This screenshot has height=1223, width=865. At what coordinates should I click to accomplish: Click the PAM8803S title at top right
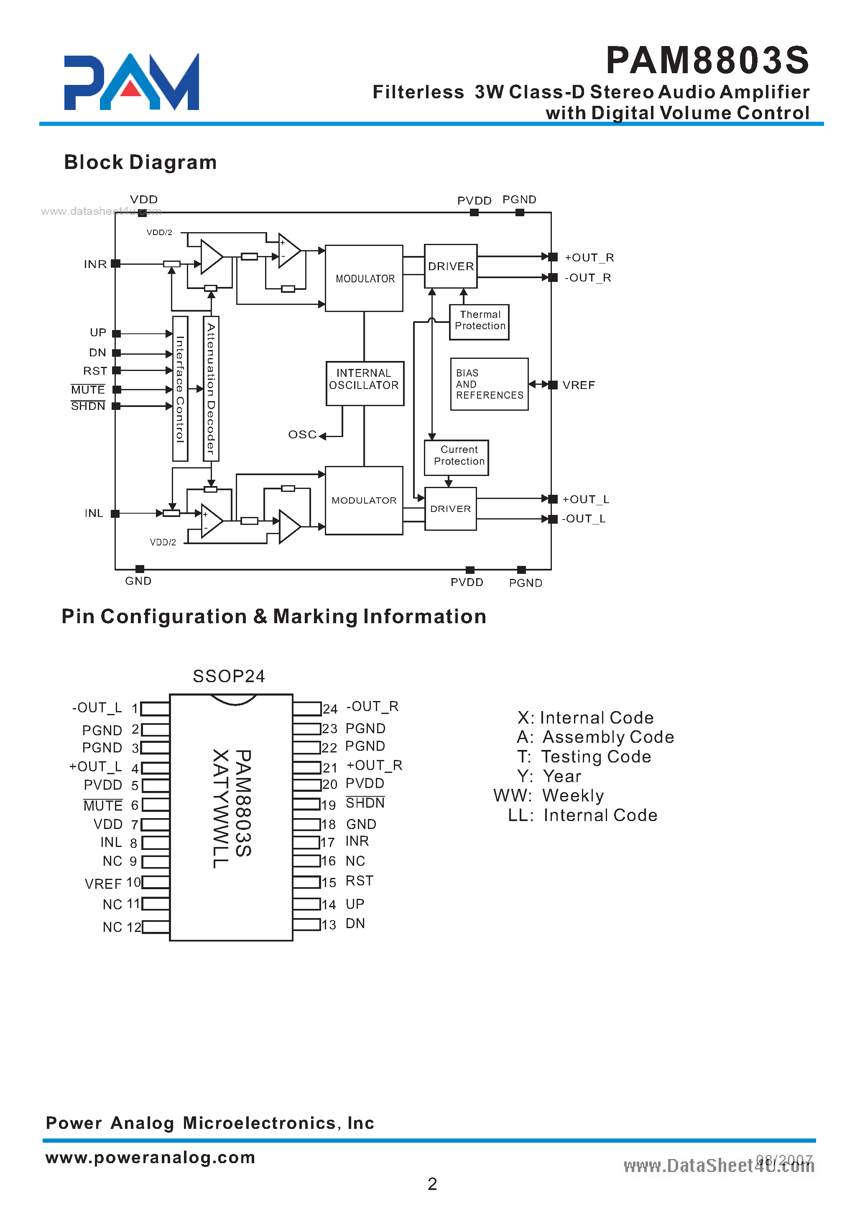point(707,60)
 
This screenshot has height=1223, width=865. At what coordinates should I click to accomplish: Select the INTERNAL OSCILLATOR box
point(364,383)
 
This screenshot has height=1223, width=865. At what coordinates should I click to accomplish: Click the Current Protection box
point(457,457)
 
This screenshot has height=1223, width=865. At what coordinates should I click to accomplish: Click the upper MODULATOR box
point(364,278)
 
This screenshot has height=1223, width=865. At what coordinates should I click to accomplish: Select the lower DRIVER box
point(450,509)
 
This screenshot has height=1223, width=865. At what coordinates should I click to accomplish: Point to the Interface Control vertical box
point(180,389)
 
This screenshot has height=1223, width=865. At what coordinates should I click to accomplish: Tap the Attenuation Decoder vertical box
point(211,389)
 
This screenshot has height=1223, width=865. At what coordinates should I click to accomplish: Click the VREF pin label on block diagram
point(579,385)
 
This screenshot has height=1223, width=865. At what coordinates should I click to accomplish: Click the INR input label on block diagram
point(95,264)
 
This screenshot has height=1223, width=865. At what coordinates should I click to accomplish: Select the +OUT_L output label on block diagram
point(585,499)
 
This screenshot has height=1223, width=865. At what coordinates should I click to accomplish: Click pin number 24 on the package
point(330,709)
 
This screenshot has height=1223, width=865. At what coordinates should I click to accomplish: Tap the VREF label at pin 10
point(103,884)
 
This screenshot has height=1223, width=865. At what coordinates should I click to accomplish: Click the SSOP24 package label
point(229,676)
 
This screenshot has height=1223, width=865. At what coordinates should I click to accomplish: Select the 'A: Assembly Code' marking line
point(595,737)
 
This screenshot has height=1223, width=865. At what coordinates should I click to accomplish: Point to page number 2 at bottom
point(432,1184)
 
